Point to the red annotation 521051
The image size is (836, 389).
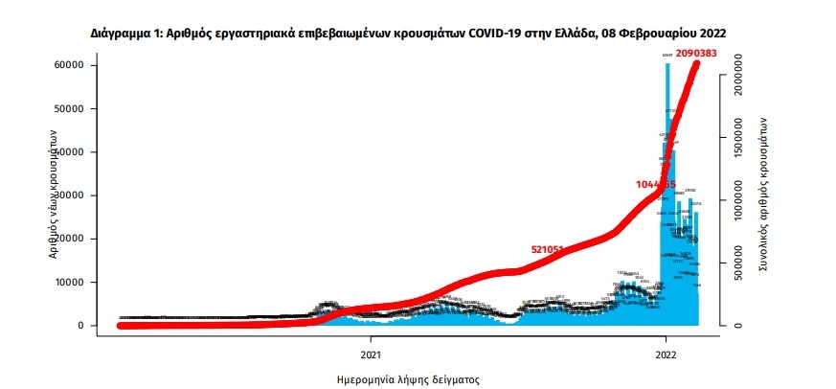coord(552,249)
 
